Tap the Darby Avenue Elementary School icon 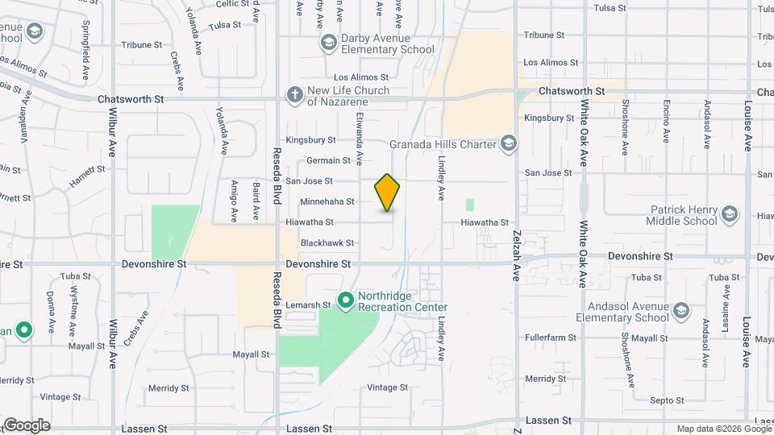pyautogui.click(x=328, y=42)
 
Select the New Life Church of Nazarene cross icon pyautogui.click(x=295, y=95)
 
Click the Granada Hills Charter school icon pyautogui.click(x=508, y=144)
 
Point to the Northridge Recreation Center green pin pyautogui.click(x=346, y=300)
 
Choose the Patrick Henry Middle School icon pyautogui.click(x=730, y=214)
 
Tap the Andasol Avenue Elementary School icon pyautogui.click(x=680, y=311)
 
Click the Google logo pyautogui.click(x=26, y=425)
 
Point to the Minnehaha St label pyautogui.click(x=327, y=201)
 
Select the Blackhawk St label pyautogui.click(x=327, y=242)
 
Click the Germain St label pyautogui.click(x=328, y=160)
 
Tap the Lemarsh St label pyautogui.click(x=316, y=305)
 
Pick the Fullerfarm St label pyautogui.click(x=551, y=338)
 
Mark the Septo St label pyautogui.click(x=667, y=400)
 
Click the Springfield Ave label pyautogui.click(x=85, y=56)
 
